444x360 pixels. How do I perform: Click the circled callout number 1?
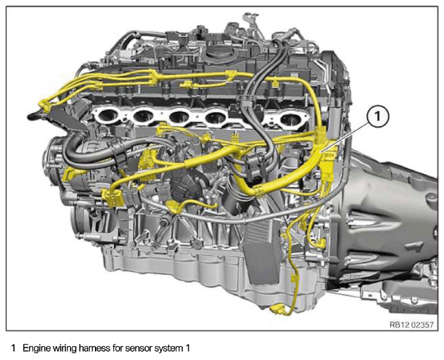(378, 117)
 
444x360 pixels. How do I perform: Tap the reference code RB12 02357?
(412, 325)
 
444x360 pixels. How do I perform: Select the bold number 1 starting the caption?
(13, 348)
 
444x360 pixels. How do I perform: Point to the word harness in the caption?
(94, 348)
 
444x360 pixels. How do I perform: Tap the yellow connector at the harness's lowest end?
(278, 309)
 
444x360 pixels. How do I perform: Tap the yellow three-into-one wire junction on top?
(153, 78)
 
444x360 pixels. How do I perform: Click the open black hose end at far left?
(32, 116)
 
